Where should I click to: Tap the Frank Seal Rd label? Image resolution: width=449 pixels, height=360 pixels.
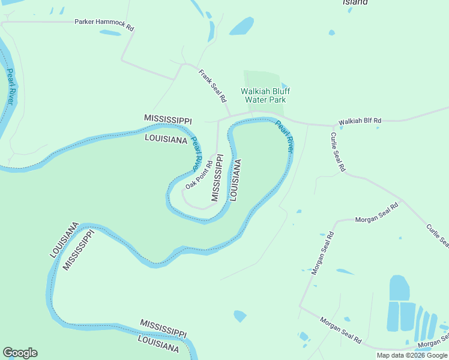pos(212,84)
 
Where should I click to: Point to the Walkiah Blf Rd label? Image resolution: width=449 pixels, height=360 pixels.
pos(360,121)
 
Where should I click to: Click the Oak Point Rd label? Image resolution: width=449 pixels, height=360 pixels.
pos(199,175)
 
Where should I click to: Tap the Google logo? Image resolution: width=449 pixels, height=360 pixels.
pos(20,353)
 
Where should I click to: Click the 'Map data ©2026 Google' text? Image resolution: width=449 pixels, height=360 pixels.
pos(412,355)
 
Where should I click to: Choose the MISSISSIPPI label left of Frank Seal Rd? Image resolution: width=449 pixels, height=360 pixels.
pos(168,119)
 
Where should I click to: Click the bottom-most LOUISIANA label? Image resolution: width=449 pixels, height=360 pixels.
pos(158,343)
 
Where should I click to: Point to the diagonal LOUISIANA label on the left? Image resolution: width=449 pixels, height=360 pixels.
pos(64,240)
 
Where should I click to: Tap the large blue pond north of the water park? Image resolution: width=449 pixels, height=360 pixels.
pos(242,26)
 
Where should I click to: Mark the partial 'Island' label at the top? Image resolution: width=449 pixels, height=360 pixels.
pos(355,2)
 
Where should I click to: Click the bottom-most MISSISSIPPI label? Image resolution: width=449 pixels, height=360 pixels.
pos(163,328)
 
